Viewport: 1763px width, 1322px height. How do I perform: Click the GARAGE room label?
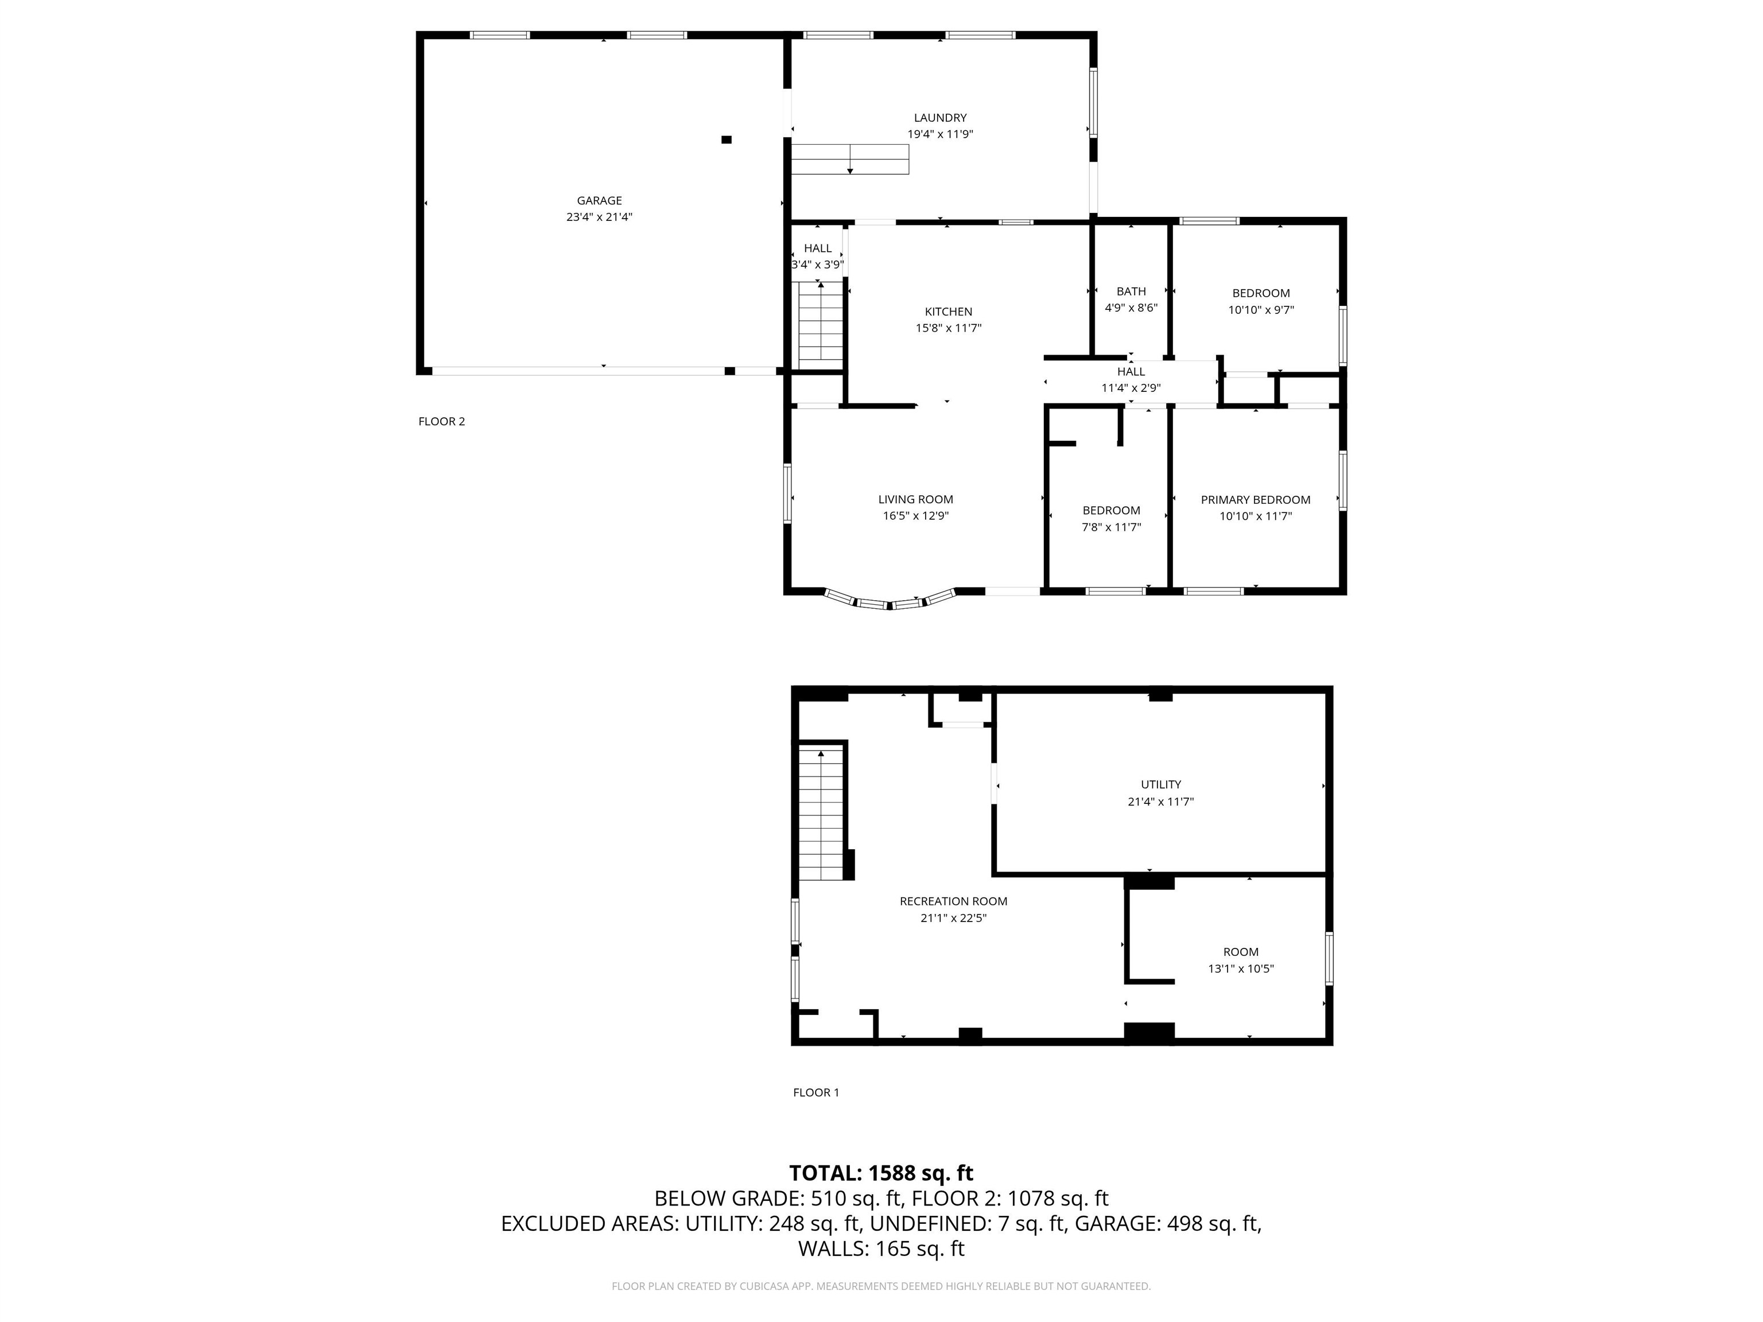599,201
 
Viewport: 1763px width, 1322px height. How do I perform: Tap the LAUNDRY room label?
941,118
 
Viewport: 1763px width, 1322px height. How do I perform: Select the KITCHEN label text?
949,312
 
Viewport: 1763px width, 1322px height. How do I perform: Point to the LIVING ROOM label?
916,500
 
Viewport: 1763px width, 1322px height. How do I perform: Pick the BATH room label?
1131,291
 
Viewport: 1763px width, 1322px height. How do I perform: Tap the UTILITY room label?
1160,784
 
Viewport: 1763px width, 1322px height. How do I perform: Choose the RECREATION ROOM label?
953,901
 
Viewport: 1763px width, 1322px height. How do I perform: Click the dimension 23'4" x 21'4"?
599,217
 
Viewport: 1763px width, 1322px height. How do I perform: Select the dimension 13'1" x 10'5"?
1241,969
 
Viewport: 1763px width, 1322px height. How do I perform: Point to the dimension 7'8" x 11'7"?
1111,527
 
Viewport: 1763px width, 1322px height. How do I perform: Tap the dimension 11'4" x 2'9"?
1131,388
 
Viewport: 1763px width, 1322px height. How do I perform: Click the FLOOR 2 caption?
441,422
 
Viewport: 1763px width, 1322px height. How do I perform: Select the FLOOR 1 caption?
816,1092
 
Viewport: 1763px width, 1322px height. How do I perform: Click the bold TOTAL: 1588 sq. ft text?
881,1173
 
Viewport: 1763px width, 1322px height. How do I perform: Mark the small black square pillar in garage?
726,139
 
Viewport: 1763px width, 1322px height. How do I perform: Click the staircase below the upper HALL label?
821,325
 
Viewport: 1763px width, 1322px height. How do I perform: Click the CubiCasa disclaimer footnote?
881,1286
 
